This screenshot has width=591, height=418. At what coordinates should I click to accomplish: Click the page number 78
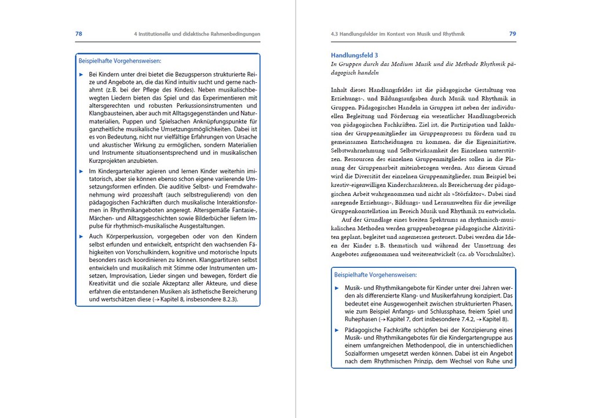(79, 34)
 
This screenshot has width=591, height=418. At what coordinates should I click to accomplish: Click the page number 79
(512, 34)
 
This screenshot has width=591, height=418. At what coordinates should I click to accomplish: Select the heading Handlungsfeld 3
(354, 55)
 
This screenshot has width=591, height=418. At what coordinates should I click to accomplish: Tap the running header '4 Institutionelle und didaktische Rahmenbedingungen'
(197, 34)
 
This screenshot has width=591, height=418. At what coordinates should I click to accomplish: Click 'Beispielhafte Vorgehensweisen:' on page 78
(120, 60)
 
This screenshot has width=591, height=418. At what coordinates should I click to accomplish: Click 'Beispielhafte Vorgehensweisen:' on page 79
(375, 274)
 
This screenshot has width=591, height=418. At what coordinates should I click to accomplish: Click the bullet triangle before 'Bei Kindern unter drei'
(81, 75)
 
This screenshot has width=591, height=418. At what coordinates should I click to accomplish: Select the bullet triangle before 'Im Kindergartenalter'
(81, 172)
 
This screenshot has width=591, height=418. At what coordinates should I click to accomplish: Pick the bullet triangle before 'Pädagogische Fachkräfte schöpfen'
(337, 329)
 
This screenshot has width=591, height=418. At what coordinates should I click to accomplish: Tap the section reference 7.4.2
(453, 319)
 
